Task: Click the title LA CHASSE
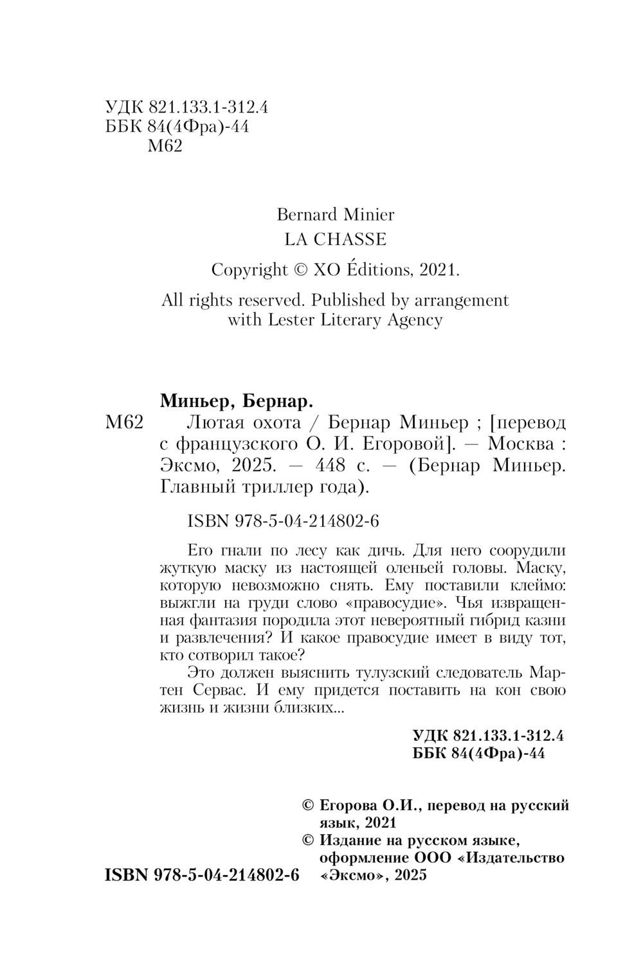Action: (336, 239)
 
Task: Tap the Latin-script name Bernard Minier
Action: (336, 213)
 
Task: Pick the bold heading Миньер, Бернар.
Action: (235, 402)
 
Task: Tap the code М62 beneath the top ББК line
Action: (165, 146)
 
